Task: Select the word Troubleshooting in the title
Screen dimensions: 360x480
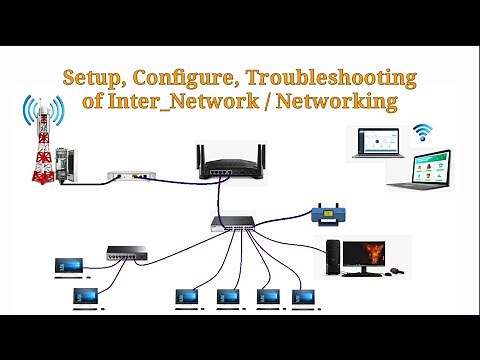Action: [331, 77]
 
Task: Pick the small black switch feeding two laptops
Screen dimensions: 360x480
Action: [126, 256]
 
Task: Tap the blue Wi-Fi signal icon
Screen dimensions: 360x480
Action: [426, 130]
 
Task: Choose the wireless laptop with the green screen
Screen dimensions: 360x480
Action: [421, 171]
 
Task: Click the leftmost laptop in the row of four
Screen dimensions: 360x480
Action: [187, 297]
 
